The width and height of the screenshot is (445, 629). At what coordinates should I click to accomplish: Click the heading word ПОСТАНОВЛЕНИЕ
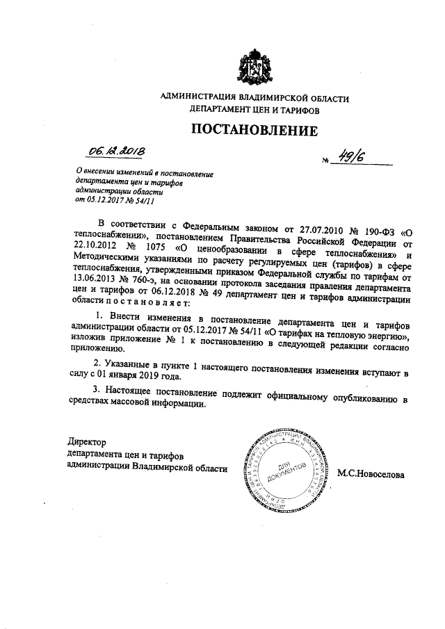coord(254,129)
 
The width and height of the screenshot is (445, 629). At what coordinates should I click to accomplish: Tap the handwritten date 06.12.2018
coord(115,150)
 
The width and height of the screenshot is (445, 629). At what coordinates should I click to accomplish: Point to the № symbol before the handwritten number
coord(325,163)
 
